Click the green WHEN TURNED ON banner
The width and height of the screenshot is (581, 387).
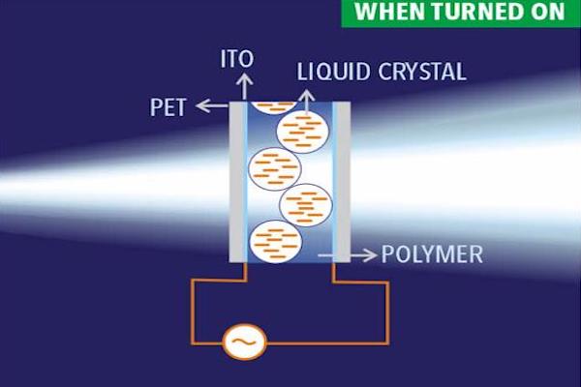[x=459, y=13]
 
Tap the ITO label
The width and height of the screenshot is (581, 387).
[x=236, y=59]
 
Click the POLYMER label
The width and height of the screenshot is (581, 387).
[x=432, y=255]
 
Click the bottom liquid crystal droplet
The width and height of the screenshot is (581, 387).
[x=274, y=242]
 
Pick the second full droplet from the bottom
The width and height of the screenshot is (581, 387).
[x=306, y=204]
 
